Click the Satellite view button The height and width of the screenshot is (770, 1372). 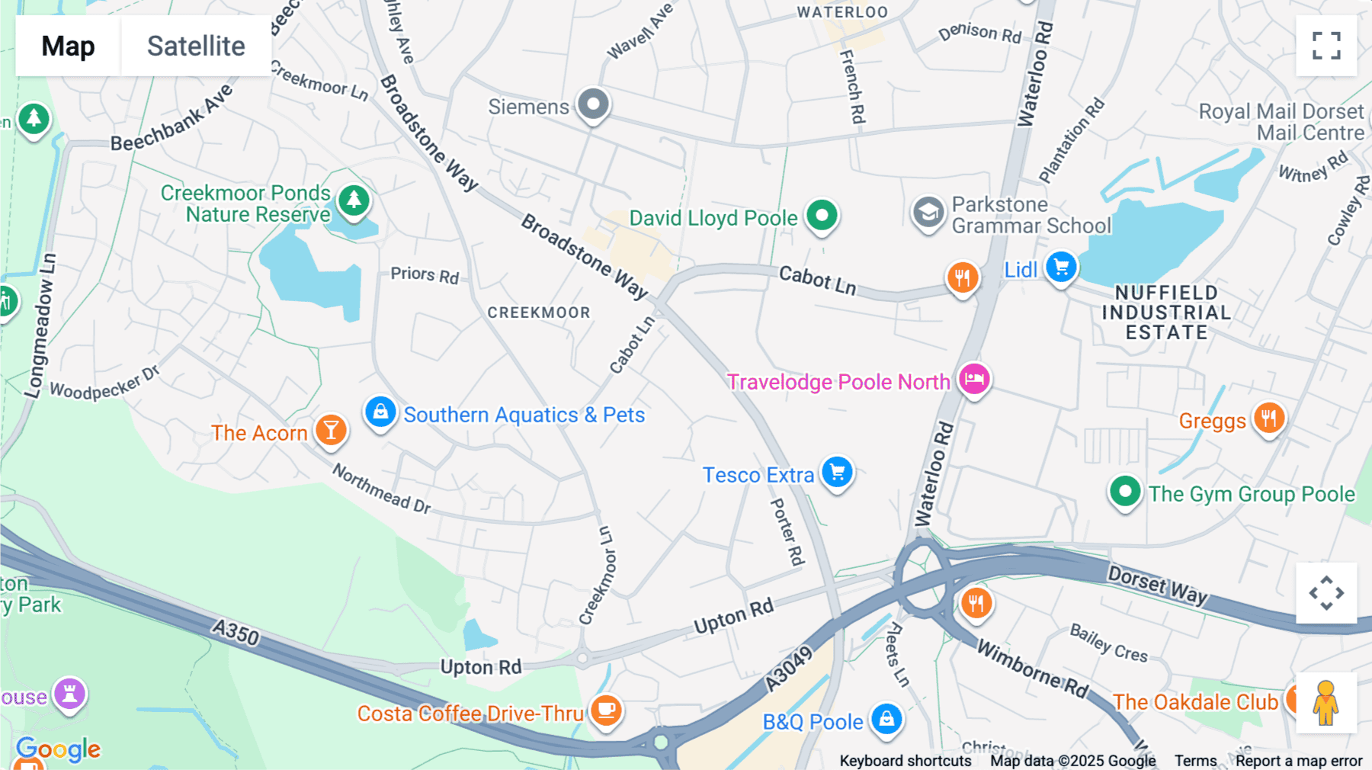point(196,46)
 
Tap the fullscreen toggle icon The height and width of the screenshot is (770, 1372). point(1326,46)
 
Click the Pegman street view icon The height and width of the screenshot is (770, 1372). point(1326,702)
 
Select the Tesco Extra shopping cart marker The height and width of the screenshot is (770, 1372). point(837,472)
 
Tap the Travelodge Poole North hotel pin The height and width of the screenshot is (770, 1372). point(974,378)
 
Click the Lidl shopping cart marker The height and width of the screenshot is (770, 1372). point(1060,267)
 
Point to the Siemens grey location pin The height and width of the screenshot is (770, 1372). point(593,104)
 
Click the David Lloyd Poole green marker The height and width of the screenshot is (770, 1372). point(822,216)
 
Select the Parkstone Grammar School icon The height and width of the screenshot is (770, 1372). point(928,213)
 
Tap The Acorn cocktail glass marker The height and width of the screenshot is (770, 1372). point(331,431)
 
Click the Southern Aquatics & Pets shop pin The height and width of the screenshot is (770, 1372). point(380,412)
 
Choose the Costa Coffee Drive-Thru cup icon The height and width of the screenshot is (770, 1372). point(606,710)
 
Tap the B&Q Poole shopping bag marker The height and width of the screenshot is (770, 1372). point(886,718)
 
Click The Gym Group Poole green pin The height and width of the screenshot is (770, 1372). point(1125,492)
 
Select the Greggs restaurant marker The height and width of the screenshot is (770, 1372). point(1268,418)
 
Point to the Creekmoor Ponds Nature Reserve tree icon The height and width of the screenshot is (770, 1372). point(354,201)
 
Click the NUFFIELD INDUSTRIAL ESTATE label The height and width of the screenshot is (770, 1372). point(1166,313)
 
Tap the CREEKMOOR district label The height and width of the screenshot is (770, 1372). point(538,313)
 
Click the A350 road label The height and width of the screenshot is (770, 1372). point(236,632)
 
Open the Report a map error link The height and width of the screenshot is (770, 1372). point(1298,760)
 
